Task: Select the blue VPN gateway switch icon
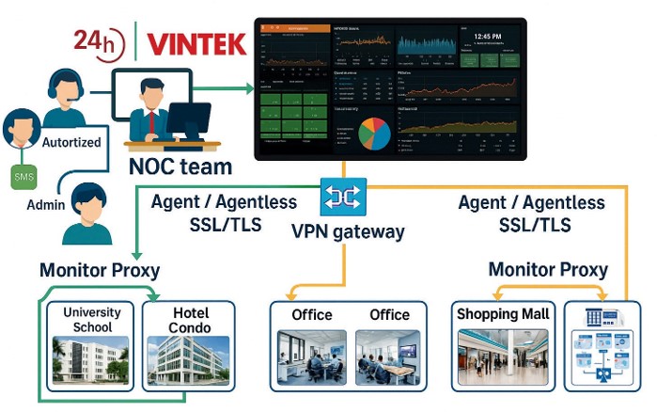[337, 196]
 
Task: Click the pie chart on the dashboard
[375, 135]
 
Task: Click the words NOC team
[180, 167]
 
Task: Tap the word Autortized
[70, 141]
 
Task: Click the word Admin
[46, 204]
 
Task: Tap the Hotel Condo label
[191, 320]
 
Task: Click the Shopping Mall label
[503, 313]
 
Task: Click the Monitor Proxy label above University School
[100, 271]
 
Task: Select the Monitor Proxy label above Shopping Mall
[548, 269]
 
